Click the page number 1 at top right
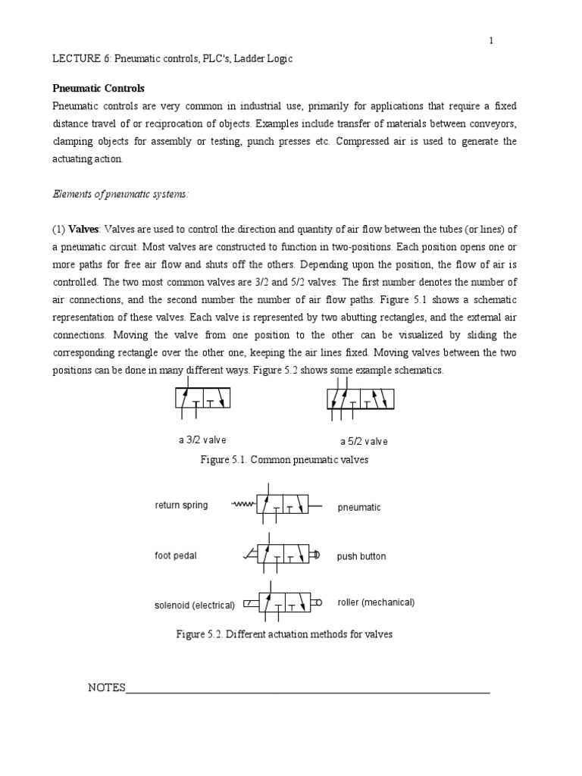coord(491,41)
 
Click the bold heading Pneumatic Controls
coord(98,88)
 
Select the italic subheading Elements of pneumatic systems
coord(120,194)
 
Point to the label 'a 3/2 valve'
coord(198,440)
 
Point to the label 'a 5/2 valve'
coord(363,442)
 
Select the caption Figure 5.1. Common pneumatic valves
coord(283,460)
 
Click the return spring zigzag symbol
coord(243,505)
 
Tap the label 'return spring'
coord(181,505)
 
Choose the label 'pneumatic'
coord(359,508)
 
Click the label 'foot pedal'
coord(175,556)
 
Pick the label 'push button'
coord(361,556)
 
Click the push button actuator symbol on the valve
coord(318,555)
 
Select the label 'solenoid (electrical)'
coord(195,605)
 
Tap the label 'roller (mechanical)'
coord(376,603)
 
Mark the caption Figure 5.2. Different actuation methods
coord(283,634)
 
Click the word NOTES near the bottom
coord(106,688)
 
